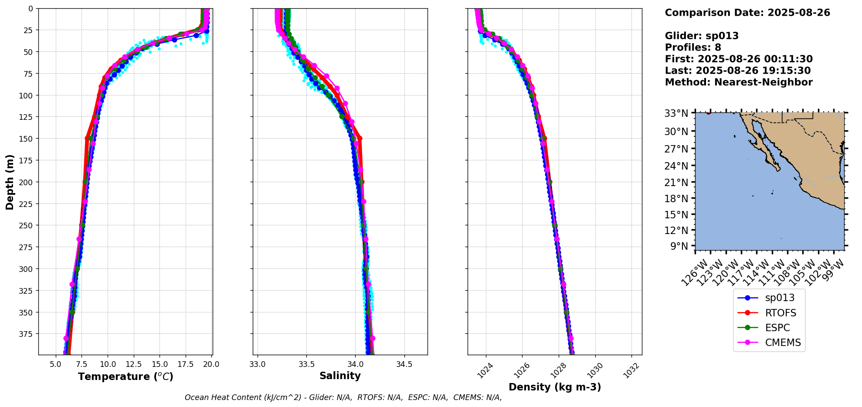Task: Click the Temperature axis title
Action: pyautogui.click(x=126, y=376)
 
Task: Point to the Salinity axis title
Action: pyautogui.click(x=340, y=376)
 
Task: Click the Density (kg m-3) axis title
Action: pyautogui.click(x=555, y=387)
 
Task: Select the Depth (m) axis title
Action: pyautogui.click(x=10, y=182)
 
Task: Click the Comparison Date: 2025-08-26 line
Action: pyautogui.click(x=747, y=13)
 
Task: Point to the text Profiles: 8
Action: pyautogui.click(x=693, y=47)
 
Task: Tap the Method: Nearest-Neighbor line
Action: pyautogui.click(x=739, y=82)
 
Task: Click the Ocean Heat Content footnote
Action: pyautogui.click(x=343, y=397)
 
